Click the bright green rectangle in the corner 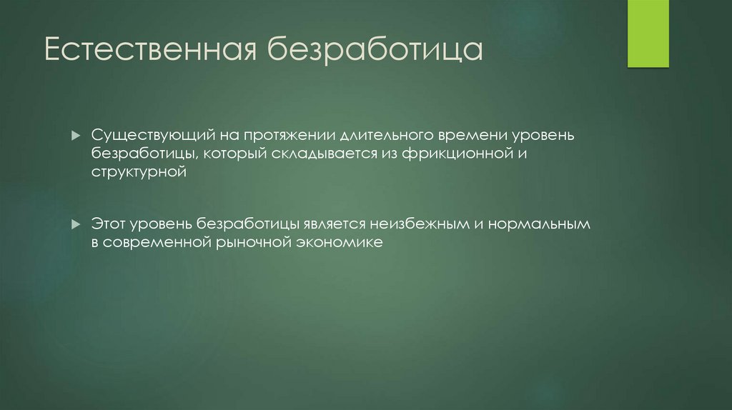[648, 34]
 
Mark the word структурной [139, 172]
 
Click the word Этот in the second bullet [107, 224]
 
